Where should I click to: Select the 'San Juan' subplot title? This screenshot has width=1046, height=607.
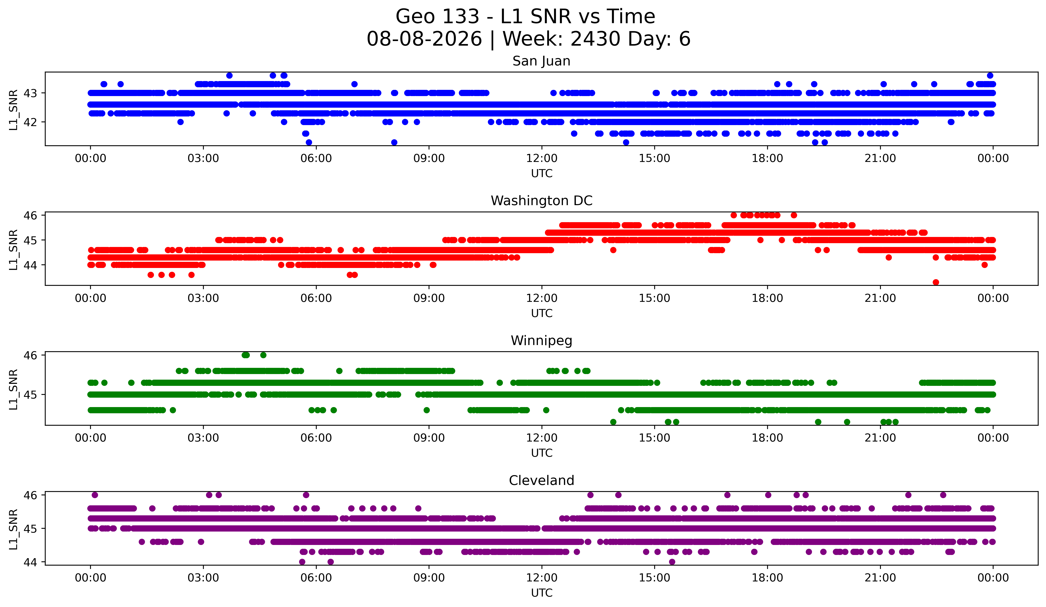541,61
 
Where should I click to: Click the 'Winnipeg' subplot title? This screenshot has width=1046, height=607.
541,341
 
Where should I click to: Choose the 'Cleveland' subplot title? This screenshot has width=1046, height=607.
541,481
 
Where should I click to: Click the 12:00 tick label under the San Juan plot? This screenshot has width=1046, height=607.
542,158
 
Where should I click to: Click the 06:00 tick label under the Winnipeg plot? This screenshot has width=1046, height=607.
316,438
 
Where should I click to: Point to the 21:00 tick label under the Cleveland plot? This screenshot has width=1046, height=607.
880,578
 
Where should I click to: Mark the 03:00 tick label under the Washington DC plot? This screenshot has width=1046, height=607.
203,298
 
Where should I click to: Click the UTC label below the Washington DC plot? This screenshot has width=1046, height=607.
542,313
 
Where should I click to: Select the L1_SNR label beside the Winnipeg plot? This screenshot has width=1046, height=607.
13,389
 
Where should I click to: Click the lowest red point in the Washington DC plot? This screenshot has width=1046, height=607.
935,282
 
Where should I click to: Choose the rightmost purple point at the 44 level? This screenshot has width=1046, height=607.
672,562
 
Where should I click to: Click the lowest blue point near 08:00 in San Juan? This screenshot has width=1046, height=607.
394,142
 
